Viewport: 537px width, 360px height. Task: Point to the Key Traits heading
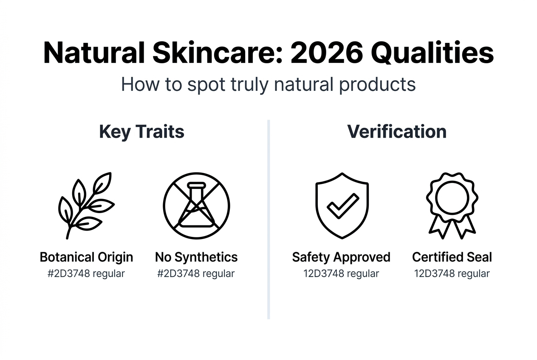click(x=141, y=132)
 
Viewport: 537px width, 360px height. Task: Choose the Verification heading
click(x=397, y=132)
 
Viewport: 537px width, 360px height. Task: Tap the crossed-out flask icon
click(x=196, y=205)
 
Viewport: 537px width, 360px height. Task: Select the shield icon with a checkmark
click(x=342, y=205)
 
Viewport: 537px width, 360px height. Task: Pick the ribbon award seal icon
click(x=452, y=205)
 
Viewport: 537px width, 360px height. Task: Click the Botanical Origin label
click(x=86, y=257)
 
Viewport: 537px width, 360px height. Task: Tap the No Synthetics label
click(x=196, y=257)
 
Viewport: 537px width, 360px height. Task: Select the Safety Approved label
click(x=341, y=257)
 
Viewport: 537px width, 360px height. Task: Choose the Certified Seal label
click(x=452, y=257)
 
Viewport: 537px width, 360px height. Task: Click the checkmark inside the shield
click(x=342, y=205)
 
